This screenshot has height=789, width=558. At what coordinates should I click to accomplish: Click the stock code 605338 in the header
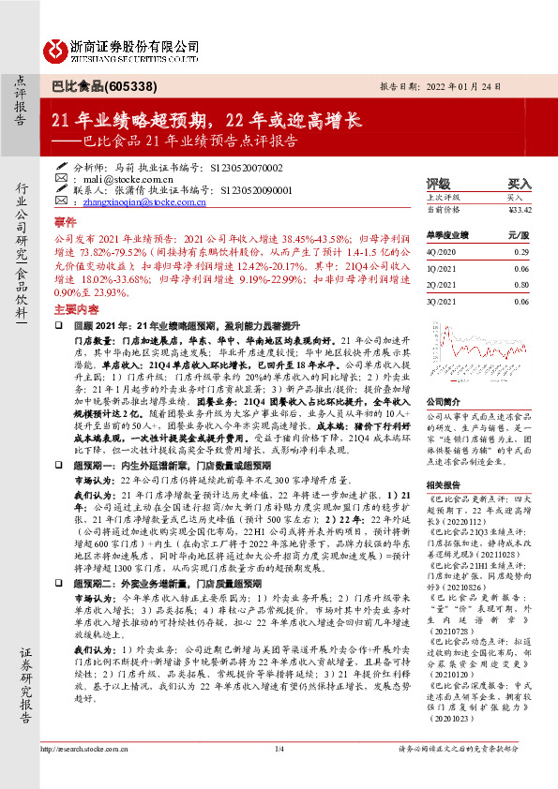124,85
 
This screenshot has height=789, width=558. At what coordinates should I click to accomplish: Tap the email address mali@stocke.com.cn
123,177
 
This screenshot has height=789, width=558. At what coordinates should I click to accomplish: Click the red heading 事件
65,223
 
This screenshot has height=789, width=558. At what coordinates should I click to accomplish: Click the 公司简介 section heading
445,399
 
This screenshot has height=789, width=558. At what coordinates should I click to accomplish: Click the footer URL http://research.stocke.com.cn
86,775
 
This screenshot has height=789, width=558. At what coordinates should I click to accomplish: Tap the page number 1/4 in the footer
279,775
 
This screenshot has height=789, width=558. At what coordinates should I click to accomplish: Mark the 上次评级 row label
444,198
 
